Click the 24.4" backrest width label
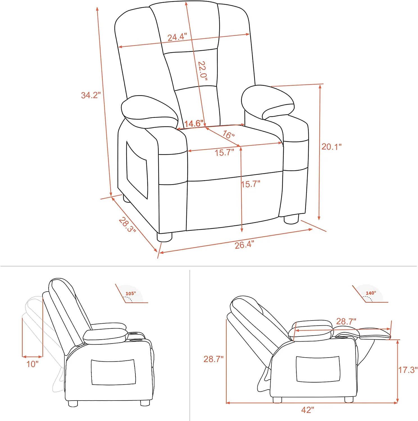(x=177, y=37)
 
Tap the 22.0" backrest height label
(x=202, y=71)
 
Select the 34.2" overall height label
(x=91, y=95)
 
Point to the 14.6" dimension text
(x=194, y=123)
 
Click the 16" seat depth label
(x=228, y=134)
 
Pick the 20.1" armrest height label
(x=331, y=147)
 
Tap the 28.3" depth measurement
(x=127, y=225)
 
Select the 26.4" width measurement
(x=244, y=245)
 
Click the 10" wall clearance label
(x=32, y=364)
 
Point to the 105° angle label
(x=131, y=294)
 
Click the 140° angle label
(x=371, y=293)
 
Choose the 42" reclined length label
(x=308, y=410)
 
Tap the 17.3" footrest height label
(x=408, y=370)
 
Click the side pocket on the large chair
(x=137, y=170)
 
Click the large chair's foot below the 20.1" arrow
(x=291, y=219)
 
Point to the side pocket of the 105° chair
(x=113, y=372)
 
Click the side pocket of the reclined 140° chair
(x=318, y=369)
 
